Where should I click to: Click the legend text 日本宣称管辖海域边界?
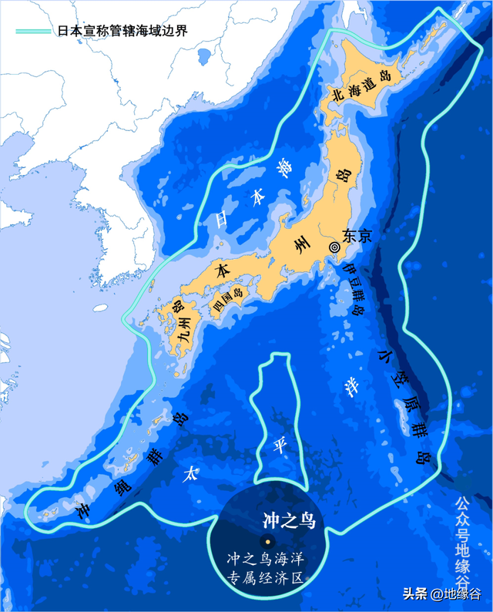(122, 32)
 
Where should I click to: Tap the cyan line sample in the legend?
(35, 32)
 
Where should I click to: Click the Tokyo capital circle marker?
(334, 247)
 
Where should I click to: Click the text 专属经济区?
(266, 577)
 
